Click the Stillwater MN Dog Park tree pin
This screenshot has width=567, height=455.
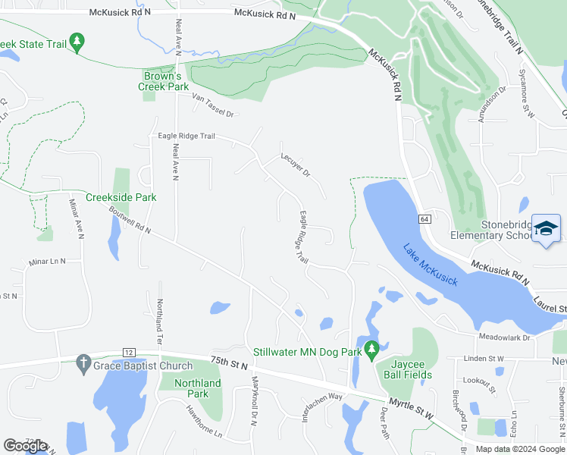click(371, 349)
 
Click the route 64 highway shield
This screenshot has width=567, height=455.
click(424, 219)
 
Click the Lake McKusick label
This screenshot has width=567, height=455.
click(430, 265)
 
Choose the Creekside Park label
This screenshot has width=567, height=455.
click(121, 197)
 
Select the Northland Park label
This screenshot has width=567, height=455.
click(197, 388)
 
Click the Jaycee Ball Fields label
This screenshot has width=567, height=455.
click(405, 369)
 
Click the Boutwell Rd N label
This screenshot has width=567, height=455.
click(130, 221)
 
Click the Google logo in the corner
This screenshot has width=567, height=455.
click(25, 446)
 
